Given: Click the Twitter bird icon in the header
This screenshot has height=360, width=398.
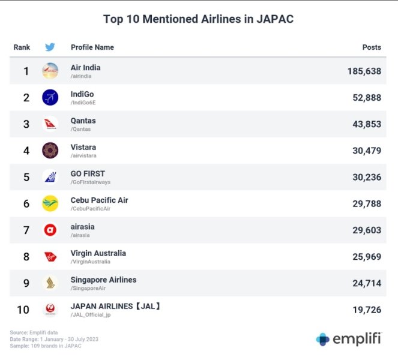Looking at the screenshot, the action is (x=50, y=47).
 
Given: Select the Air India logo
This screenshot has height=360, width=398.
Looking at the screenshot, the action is (x=50, y=71).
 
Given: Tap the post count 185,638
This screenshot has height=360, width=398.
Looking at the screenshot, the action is (x=364, y=71).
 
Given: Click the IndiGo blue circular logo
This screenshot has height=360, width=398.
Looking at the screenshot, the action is (x=50, y=97).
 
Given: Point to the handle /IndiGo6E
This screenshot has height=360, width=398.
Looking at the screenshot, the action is (x=83, y=103).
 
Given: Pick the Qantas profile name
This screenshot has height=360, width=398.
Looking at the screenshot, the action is (x=83, y=121).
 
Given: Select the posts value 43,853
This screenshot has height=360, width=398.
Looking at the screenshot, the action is (x=367, y=124).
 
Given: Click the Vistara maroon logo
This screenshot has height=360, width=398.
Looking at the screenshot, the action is (x=50, y=151).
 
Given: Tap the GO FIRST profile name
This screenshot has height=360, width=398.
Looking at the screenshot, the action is (x=88, y=174).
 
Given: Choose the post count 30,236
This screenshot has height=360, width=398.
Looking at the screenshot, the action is (x=367, y=178).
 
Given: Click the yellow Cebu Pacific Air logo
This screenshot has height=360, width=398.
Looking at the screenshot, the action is (x=50, y=203).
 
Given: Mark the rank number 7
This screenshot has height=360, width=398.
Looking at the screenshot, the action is (x=26, y=230).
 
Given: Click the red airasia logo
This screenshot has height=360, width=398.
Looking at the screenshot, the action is (x=50, y=230).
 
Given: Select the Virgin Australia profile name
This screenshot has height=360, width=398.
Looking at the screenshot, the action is (x=98, y=253).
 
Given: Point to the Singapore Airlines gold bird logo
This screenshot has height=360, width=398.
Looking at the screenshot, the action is (x=50, y=283).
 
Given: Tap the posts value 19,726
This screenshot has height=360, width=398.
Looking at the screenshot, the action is (x=367, y=310).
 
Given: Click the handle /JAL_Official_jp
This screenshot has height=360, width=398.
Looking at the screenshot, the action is (x=91, y=315).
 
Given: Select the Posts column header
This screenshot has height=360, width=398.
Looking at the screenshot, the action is (x=372, y=47).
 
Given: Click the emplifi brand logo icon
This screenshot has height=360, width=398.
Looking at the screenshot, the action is (x=322, y=340).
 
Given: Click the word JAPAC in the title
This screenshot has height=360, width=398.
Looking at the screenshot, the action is (x=275, y=19).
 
